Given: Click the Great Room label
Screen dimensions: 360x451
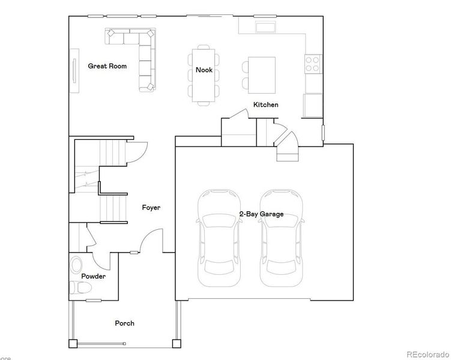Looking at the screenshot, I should [x=107, y=66].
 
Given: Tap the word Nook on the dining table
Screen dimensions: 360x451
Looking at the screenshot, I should [x=204, y=70].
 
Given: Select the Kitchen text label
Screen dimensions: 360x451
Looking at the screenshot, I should [x=265, y=104].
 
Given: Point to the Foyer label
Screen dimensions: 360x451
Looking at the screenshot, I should [x=151, y=208].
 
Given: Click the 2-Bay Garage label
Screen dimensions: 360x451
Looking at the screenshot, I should [x=261, y=214].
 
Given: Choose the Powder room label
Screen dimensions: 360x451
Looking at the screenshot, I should [x=94, y=277].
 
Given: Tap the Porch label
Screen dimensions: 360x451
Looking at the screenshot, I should [x=124, y=323].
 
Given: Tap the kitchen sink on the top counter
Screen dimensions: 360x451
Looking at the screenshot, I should [x=265, y=27].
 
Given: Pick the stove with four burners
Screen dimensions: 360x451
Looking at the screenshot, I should [x=313, y=63].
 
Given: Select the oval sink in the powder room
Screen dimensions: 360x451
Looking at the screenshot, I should [x=76, y=264].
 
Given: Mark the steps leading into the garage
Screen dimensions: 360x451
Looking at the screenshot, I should [x=287, y=155].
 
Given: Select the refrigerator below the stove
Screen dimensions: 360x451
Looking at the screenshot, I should [x=312, y=106].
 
